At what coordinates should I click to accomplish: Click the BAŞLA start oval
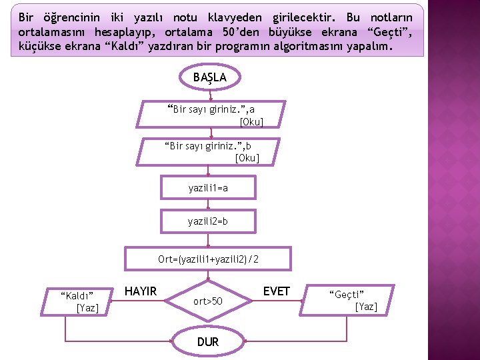[209, 77]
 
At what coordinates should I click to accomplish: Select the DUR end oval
[208, 342]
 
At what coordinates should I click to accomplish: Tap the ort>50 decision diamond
[208, 301]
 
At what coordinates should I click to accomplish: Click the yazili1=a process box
[208, 188]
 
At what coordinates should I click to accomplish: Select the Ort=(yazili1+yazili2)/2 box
[209, 259]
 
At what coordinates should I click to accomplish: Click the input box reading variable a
[211, 115]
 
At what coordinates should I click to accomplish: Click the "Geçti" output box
[349, 301]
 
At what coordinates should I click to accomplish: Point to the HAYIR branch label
[141, 291]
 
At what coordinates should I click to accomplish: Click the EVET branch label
[276, 291]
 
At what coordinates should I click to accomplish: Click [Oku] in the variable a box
[251, 121]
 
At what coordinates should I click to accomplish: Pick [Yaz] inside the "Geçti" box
[366, 307]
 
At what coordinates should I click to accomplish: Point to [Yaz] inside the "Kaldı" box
[87, 307]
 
